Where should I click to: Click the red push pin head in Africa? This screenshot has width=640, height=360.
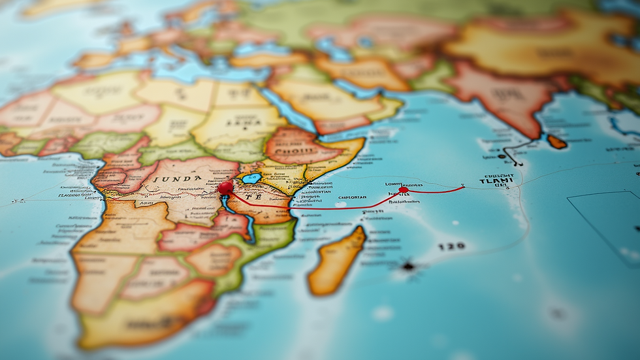pos(225,188)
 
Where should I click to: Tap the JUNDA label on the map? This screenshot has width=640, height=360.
pos(178,178)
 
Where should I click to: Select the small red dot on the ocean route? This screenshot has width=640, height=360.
pos(403,190)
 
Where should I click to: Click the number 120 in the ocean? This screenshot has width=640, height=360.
pos(451,246)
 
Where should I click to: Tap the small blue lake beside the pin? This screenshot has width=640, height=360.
pos(251,178)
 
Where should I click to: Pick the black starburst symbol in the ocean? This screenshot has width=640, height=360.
pos(409,266)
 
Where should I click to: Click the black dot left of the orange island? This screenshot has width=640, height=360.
pos(502,156)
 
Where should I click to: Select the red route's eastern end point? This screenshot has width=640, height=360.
pos(462,188)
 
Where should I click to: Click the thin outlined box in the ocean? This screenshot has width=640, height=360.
pos(604,225)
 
